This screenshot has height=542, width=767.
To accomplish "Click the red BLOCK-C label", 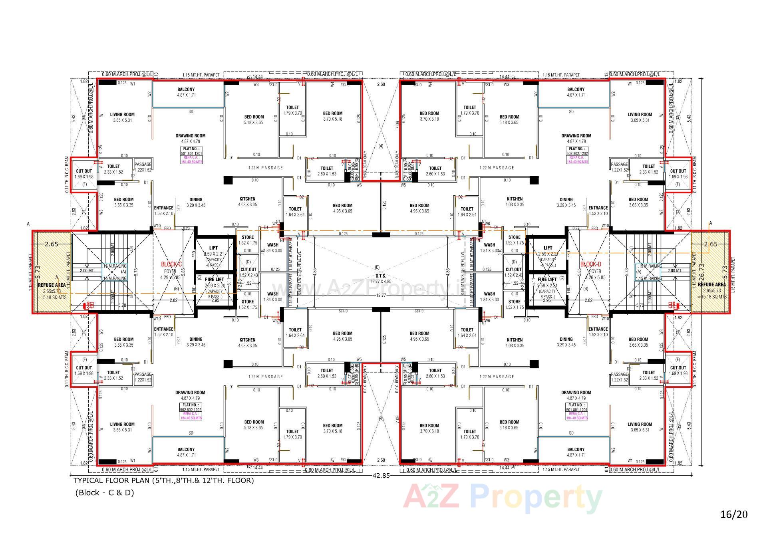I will [171, 264].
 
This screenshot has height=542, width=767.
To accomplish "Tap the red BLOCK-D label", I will [590, 264].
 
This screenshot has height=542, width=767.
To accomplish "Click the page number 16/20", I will [733, 514].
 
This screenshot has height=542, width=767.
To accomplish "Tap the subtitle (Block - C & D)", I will [105, 492].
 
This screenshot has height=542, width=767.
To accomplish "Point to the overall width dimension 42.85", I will [381, 475].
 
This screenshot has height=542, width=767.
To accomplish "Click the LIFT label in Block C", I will [214, 248].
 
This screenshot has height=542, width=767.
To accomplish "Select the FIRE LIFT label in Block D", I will [547, 280].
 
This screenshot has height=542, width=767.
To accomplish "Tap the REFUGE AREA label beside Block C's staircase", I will [52, 285].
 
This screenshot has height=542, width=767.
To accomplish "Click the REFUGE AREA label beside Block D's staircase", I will [711, 284].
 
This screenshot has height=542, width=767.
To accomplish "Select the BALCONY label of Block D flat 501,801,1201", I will [576, 449].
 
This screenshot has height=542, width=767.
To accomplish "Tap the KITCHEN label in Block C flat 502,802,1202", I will [247, 340].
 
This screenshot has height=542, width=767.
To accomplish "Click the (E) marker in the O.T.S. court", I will [377, 267].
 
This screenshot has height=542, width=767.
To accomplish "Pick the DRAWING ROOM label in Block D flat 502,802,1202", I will [576, 136].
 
